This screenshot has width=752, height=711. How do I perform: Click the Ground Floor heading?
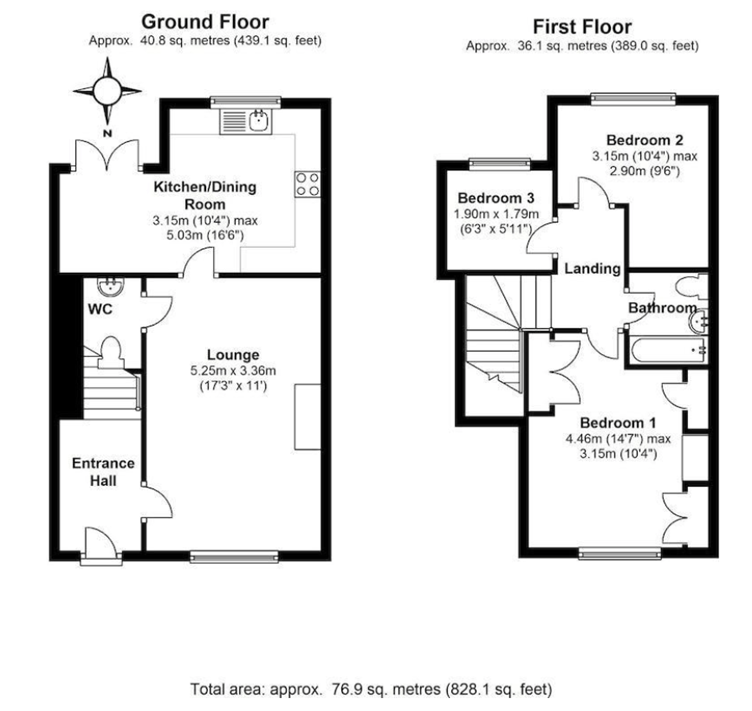(204, 21)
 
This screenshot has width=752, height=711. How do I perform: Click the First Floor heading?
(581, 26)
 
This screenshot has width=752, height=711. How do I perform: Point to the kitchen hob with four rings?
(306, 183)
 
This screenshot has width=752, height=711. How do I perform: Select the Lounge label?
(233, 354)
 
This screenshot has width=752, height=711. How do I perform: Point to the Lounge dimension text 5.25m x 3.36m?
(233, 370)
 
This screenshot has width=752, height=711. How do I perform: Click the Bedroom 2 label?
(643, 140)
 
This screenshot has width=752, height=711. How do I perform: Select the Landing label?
(593, 269)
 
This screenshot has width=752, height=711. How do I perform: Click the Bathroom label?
(661, 308)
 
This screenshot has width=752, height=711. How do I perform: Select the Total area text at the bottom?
(370, 689)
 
